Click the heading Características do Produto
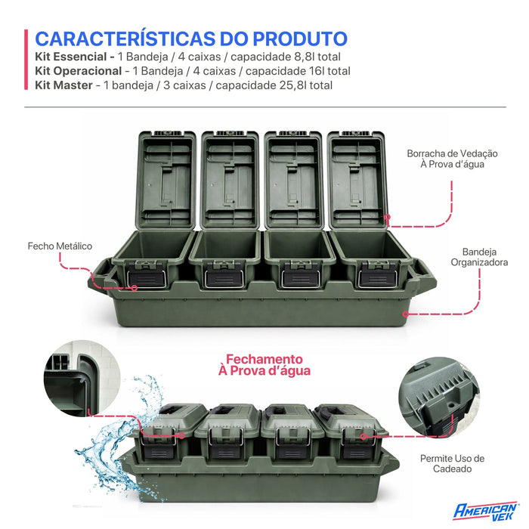(191, 39)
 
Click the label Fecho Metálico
(60, 246)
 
